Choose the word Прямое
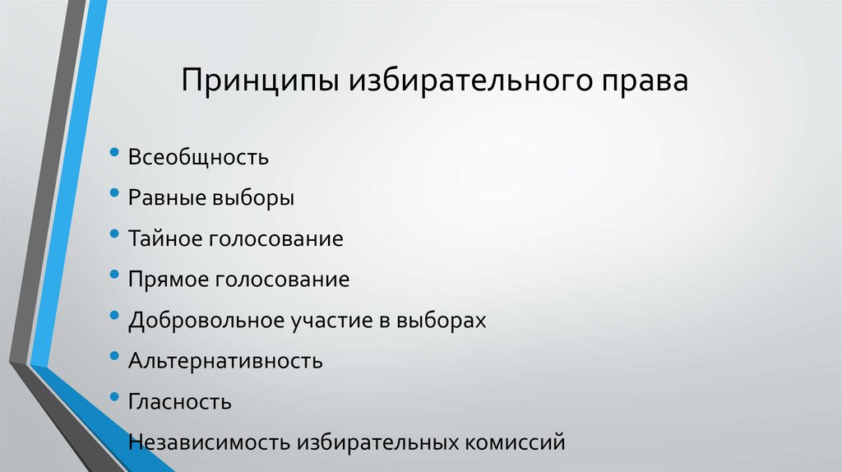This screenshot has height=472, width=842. click(x=169, y=280)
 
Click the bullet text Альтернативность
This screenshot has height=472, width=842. click(x=224, y=361)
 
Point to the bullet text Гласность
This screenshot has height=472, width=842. click(x=179, y=402)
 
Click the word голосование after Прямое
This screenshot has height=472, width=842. click(x=283, y=280)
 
